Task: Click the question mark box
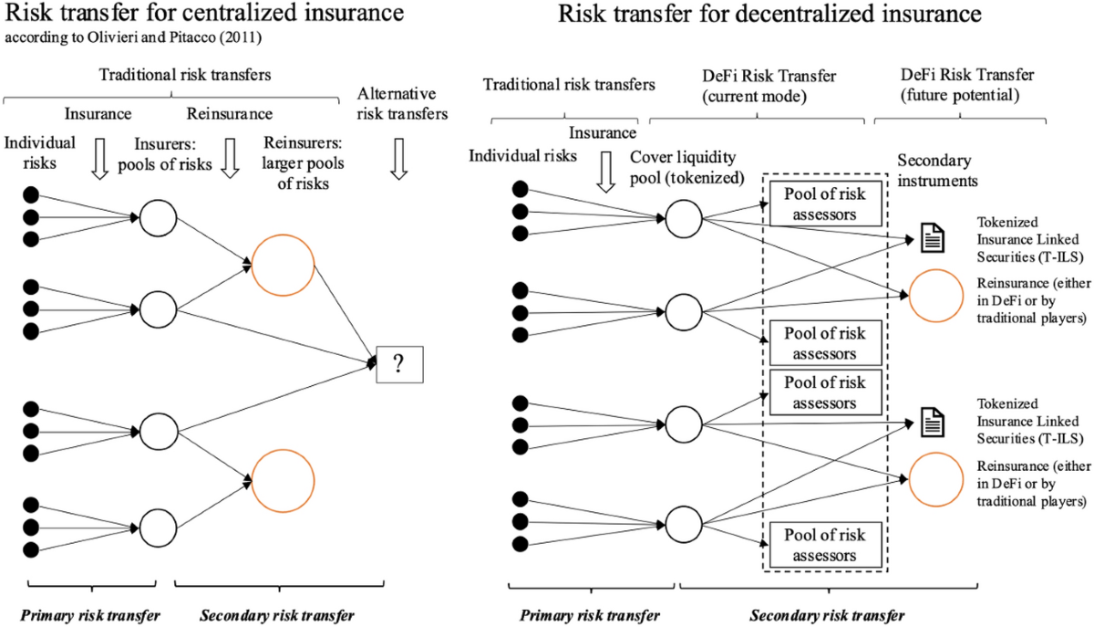click(398, 364)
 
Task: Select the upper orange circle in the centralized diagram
click(283, 265)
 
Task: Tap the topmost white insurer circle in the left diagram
click(156, 217)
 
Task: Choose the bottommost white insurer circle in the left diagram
click(156, 526)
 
